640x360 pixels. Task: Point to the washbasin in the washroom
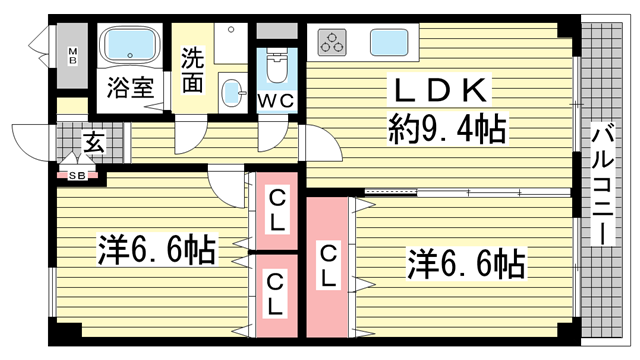(232, 91)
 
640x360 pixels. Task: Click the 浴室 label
(131, 88)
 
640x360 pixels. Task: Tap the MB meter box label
(72, 54)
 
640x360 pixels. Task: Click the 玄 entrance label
(92, 143)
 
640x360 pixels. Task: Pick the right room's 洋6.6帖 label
(466, 264)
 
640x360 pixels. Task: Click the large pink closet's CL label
(327, 266)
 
